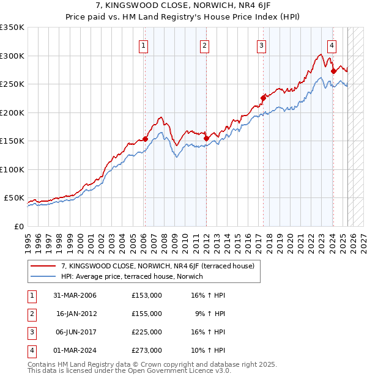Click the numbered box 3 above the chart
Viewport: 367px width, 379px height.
pyautogui.click(x=261, y=45)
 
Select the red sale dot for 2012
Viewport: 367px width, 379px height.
pyautogui.click(x=206, y=139)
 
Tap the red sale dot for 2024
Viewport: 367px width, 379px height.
pyautogui.click(x=333, y=71)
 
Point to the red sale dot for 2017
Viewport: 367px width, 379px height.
pyautogui.click(x=263, y=98)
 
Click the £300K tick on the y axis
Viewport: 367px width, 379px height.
pyautogui.click(x=12, y=56)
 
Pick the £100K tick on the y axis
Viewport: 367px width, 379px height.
pyautogui.click(x=12, y=169)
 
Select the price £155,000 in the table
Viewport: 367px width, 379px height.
pyautogui.click(x=147, y=314)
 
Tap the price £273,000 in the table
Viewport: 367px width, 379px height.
pyautogui.click(x=147, y=350)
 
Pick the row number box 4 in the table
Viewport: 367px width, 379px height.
pyautogui.click(x=31, y=350)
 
